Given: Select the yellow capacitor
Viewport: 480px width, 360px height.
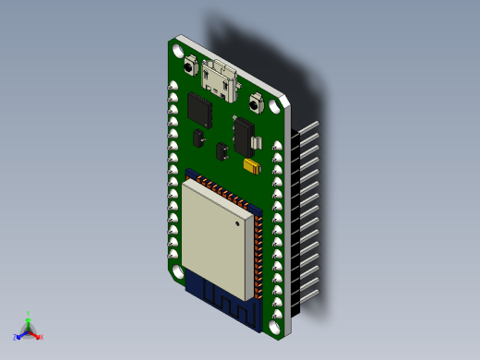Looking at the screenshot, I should (250, 167).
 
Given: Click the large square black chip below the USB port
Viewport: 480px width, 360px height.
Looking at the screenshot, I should (200, 111).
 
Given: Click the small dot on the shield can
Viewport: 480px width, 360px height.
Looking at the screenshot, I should (242, 222).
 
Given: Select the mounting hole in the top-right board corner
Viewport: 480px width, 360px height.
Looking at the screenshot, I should (275, 105).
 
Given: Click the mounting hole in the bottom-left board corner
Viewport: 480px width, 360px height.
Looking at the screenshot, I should (176, 273).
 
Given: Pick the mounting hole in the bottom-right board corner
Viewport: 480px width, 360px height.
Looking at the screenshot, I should (275, 325).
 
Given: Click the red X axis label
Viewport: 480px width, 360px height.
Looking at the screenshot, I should (41, 338).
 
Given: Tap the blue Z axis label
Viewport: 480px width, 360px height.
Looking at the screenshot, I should (16, 337).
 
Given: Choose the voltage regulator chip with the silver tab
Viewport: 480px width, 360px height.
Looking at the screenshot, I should (246, 137).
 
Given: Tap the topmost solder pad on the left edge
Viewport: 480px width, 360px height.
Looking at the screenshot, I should (173, 87).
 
